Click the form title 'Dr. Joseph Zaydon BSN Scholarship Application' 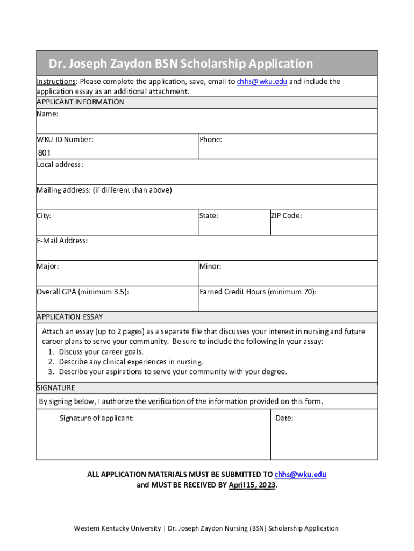(x=181, y=64)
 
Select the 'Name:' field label (x=47, y=114)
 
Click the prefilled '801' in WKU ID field (x=44, y=153)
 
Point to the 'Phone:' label (x=210, y=139)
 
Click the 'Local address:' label (x=60, y=165)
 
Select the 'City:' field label (x=44, y=216)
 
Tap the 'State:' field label (x=209, y=216)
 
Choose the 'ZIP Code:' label (x=285, y=216)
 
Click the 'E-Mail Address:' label (x=62, y=241)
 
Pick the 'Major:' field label (x=48, y=266)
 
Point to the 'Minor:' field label (x=210, y=266)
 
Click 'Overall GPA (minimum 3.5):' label (x=82, y=292)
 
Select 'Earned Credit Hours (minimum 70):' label (x=258, y=292)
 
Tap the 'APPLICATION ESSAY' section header (x=69, y=316)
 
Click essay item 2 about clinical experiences (x=131, y=362)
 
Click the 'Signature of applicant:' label (x=97, y=418)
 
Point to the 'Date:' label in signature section (x=284, y=418)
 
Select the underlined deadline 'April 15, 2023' (x=252, y=485)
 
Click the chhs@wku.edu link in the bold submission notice (x=300, y=474)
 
